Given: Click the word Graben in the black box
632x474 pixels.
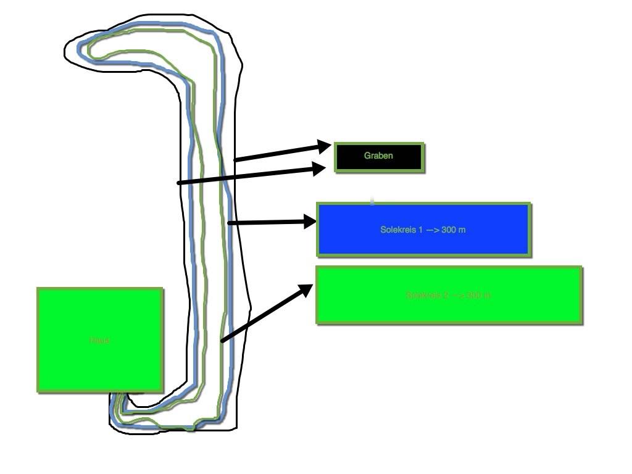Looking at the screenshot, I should coord(378,156).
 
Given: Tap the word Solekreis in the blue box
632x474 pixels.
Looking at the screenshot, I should coord(398,230).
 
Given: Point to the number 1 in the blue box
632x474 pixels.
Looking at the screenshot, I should coord(421,230).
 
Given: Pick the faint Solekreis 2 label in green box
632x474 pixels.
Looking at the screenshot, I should coord(448,295).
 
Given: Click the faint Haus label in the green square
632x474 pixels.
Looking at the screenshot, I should coord(99,340).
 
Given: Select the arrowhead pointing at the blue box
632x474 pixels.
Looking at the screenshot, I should coord(310,222).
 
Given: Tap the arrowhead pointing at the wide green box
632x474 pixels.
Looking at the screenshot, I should coord(306,289).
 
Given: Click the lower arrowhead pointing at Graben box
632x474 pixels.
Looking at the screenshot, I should coord(320,168).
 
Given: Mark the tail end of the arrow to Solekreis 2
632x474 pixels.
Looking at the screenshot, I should coord(223,340).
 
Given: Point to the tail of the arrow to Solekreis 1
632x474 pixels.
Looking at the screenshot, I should coord(230,223).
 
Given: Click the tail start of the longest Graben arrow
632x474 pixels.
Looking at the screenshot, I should coord(179,183).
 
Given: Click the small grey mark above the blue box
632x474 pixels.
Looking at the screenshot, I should coord(372,200).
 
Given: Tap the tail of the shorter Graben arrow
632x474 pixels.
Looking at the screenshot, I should coord(235,160).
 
